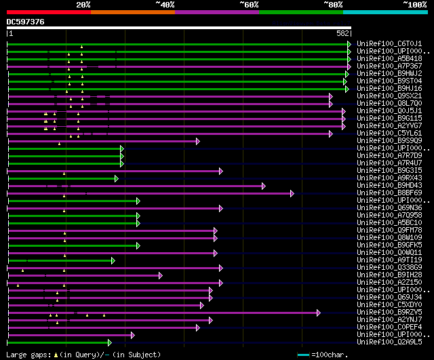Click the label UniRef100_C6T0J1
tap(389, 43)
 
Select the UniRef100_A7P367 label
tap(389, 66)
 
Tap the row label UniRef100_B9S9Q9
tap(389, 141)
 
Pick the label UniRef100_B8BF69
tap(389, 193)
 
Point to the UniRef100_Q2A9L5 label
tap(389, 342)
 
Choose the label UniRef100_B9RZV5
tap(389, 313)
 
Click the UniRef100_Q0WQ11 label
tap(389, 253)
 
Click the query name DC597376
tap(26, 22)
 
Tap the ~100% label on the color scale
tap(415, 5)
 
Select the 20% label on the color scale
tap(83, 5)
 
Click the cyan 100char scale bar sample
tap(303, 355)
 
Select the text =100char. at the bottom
tap(330, 355)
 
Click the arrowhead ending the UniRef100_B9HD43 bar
tap(263, 186)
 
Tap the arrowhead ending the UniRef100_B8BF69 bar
tap(292, 193)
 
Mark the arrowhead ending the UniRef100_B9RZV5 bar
tap(318, 313)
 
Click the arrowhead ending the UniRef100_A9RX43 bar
tap(117, 178)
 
